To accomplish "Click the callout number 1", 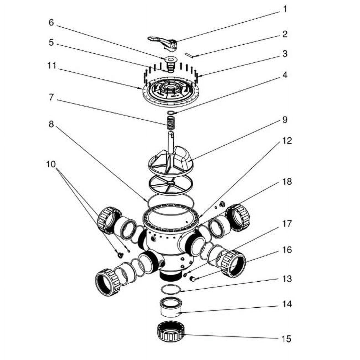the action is coord(285,9).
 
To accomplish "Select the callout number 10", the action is coord(51,164).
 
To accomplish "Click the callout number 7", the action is coord(51,97).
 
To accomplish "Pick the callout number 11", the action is coord(52,66).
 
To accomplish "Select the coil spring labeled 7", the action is coord(170,122).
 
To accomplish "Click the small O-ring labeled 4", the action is coord(171,112).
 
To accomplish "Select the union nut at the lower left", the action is coord(107,282).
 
